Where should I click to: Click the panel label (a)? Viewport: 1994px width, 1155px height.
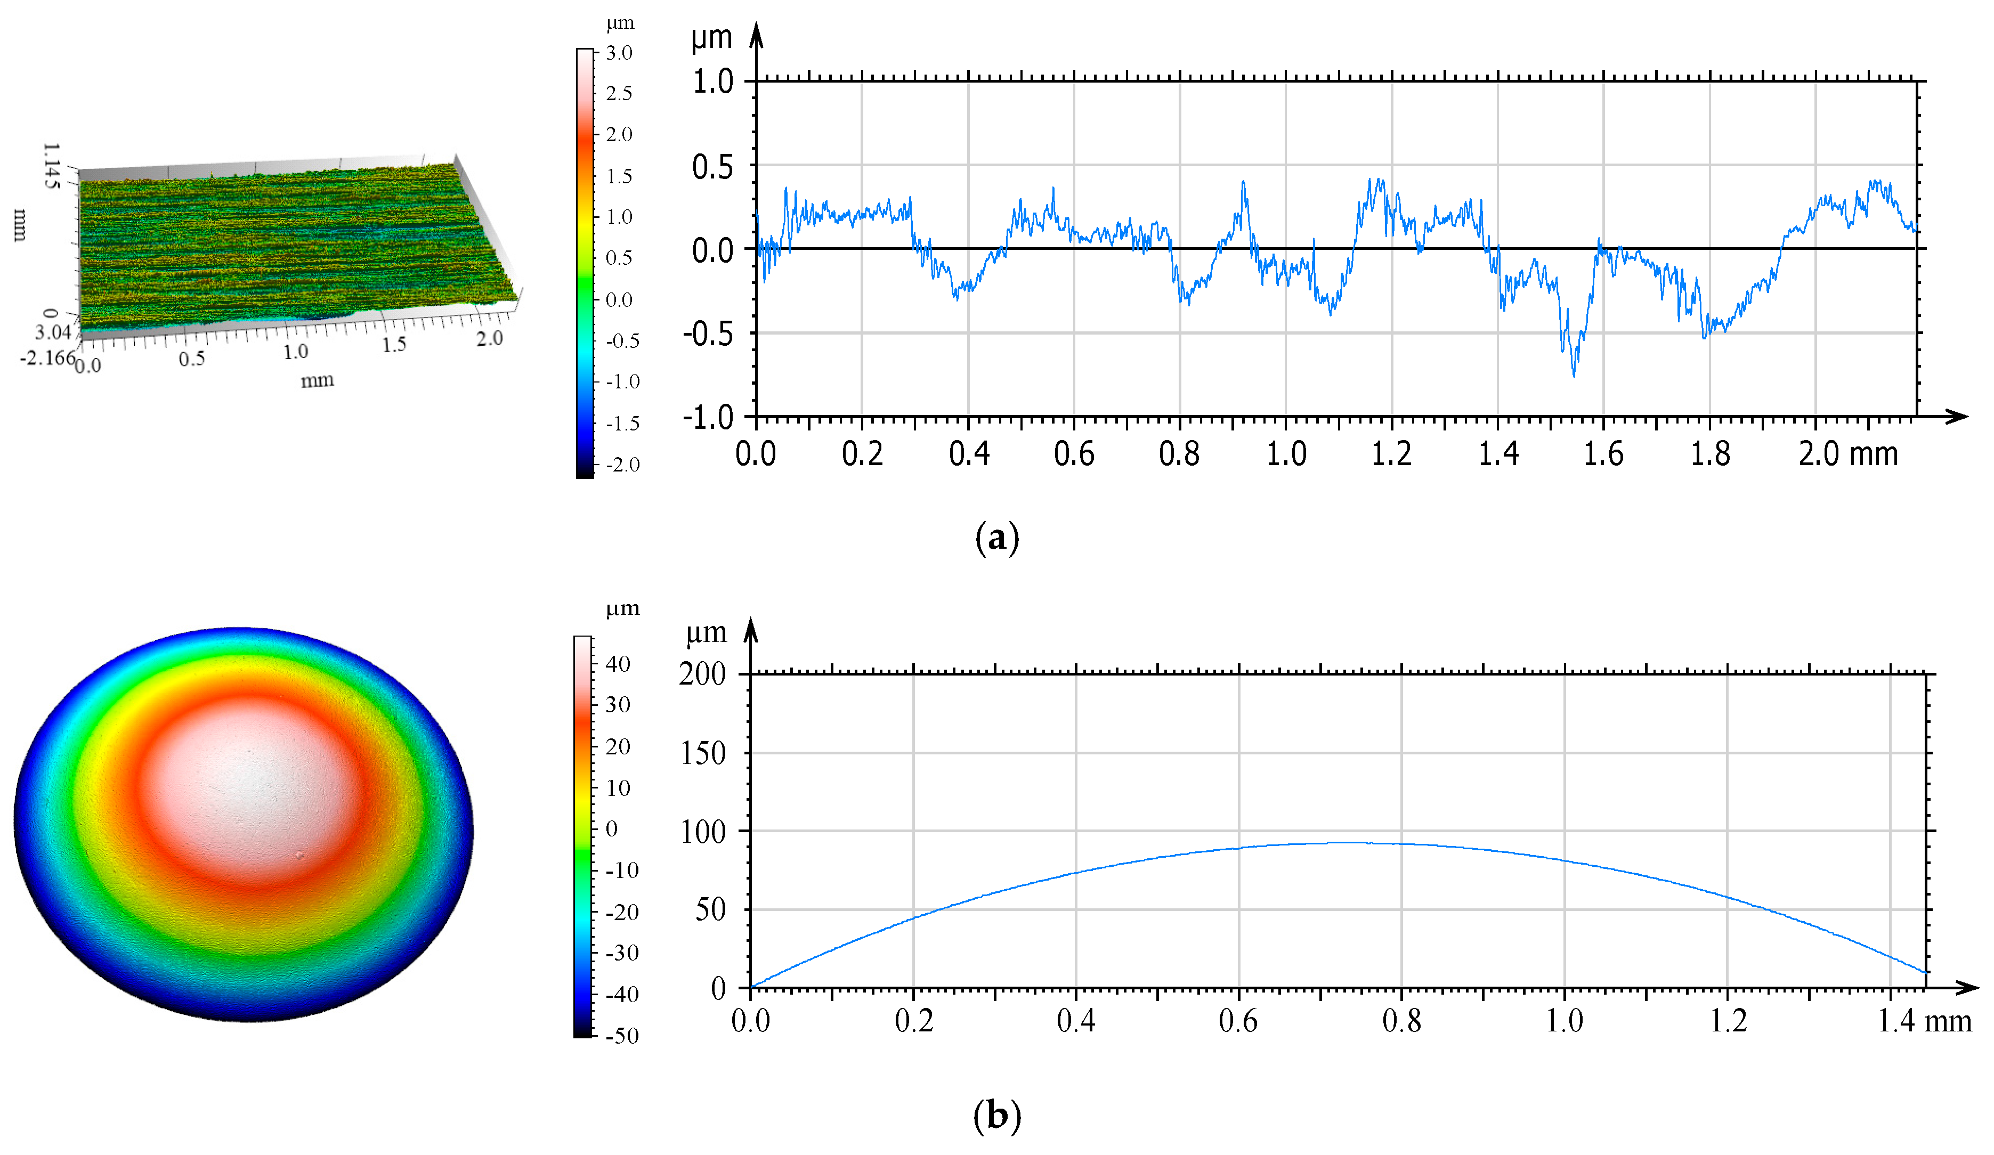997,538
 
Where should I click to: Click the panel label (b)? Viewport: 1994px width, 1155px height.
997,1116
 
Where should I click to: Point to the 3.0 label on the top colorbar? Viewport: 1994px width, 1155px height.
619,53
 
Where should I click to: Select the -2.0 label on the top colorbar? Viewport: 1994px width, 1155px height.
622,465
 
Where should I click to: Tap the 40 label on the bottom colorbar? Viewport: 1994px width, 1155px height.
618,664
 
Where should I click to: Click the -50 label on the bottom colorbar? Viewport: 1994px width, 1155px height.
621,1036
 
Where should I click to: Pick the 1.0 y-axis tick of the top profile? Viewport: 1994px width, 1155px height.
713,82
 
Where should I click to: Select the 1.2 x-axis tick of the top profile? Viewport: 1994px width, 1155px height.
1391,454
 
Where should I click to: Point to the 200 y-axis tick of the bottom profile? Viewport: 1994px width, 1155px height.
703,674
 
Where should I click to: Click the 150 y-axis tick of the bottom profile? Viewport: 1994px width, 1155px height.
703,753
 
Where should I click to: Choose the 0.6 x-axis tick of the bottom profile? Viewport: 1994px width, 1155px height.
1238,1021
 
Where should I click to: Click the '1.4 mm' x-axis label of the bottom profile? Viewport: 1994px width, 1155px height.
1924,1021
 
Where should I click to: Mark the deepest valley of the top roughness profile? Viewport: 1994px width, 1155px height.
1573,375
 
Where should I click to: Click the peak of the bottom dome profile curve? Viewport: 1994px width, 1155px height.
1361,842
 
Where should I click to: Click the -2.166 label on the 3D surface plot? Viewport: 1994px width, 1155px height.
47,357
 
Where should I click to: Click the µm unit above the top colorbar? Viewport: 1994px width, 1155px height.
620,24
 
